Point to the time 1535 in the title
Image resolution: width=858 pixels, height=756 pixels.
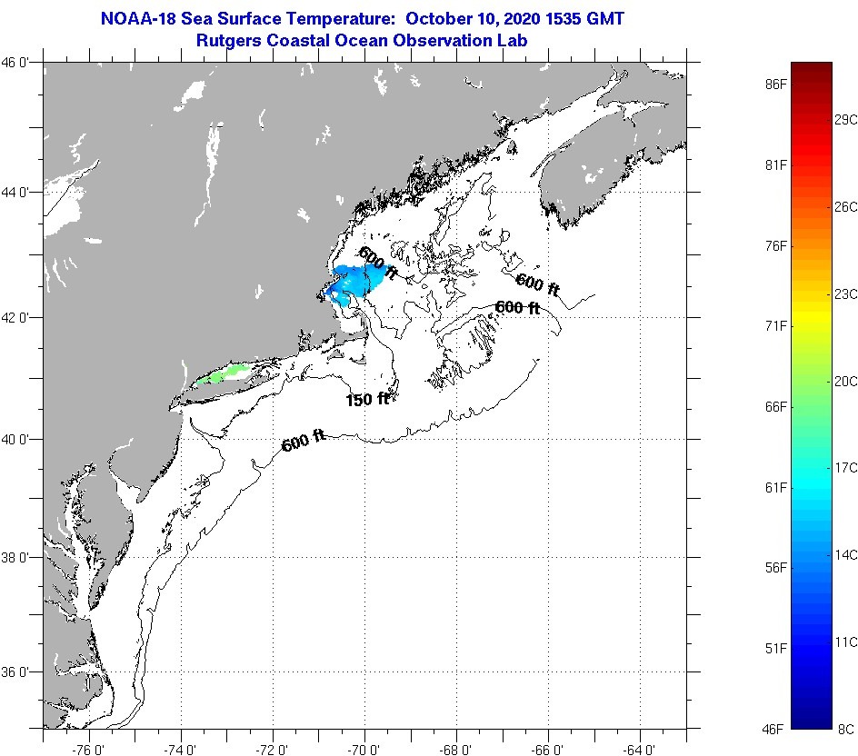[562, 19]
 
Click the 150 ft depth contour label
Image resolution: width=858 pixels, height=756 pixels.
[367, 399]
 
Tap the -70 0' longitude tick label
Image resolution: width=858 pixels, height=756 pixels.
[364, 748]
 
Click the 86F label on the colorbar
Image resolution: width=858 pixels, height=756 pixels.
[775, 85]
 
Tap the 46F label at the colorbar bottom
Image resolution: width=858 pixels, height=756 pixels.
[775, 728]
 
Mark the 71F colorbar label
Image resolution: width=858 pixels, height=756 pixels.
[775, 326]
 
